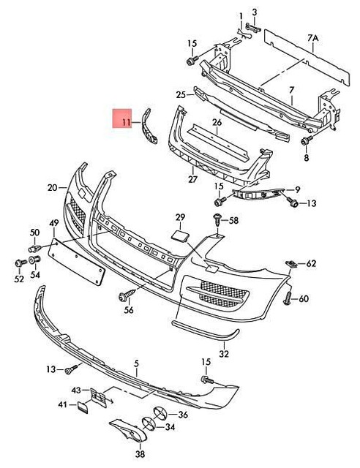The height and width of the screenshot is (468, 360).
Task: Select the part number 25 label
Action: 181,94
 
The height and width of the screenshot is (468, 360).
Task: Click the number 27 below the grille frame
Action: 192,179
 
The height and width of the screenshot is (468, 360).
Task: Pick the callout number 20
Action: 52,188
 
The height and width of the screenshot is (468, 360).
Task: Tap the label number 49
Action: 53,222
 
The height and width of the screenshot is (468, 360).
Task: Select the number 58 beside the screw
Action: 233,220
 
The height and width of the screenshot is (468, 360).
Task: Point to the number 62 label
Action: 311,263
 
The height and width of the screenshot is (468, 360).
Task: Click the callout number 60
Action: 304,298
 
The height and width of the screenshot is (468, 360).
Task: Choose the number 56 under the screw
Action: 129,310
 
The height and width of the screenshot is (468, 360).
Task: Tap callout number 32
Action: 224,354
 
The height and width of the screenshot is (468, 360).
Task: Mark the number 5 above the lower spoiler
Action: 135,363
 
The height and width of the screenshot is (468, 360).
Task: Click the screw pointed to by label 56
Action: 124,295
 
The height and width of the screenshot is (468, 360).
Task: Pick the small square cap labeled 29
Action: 179,235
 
